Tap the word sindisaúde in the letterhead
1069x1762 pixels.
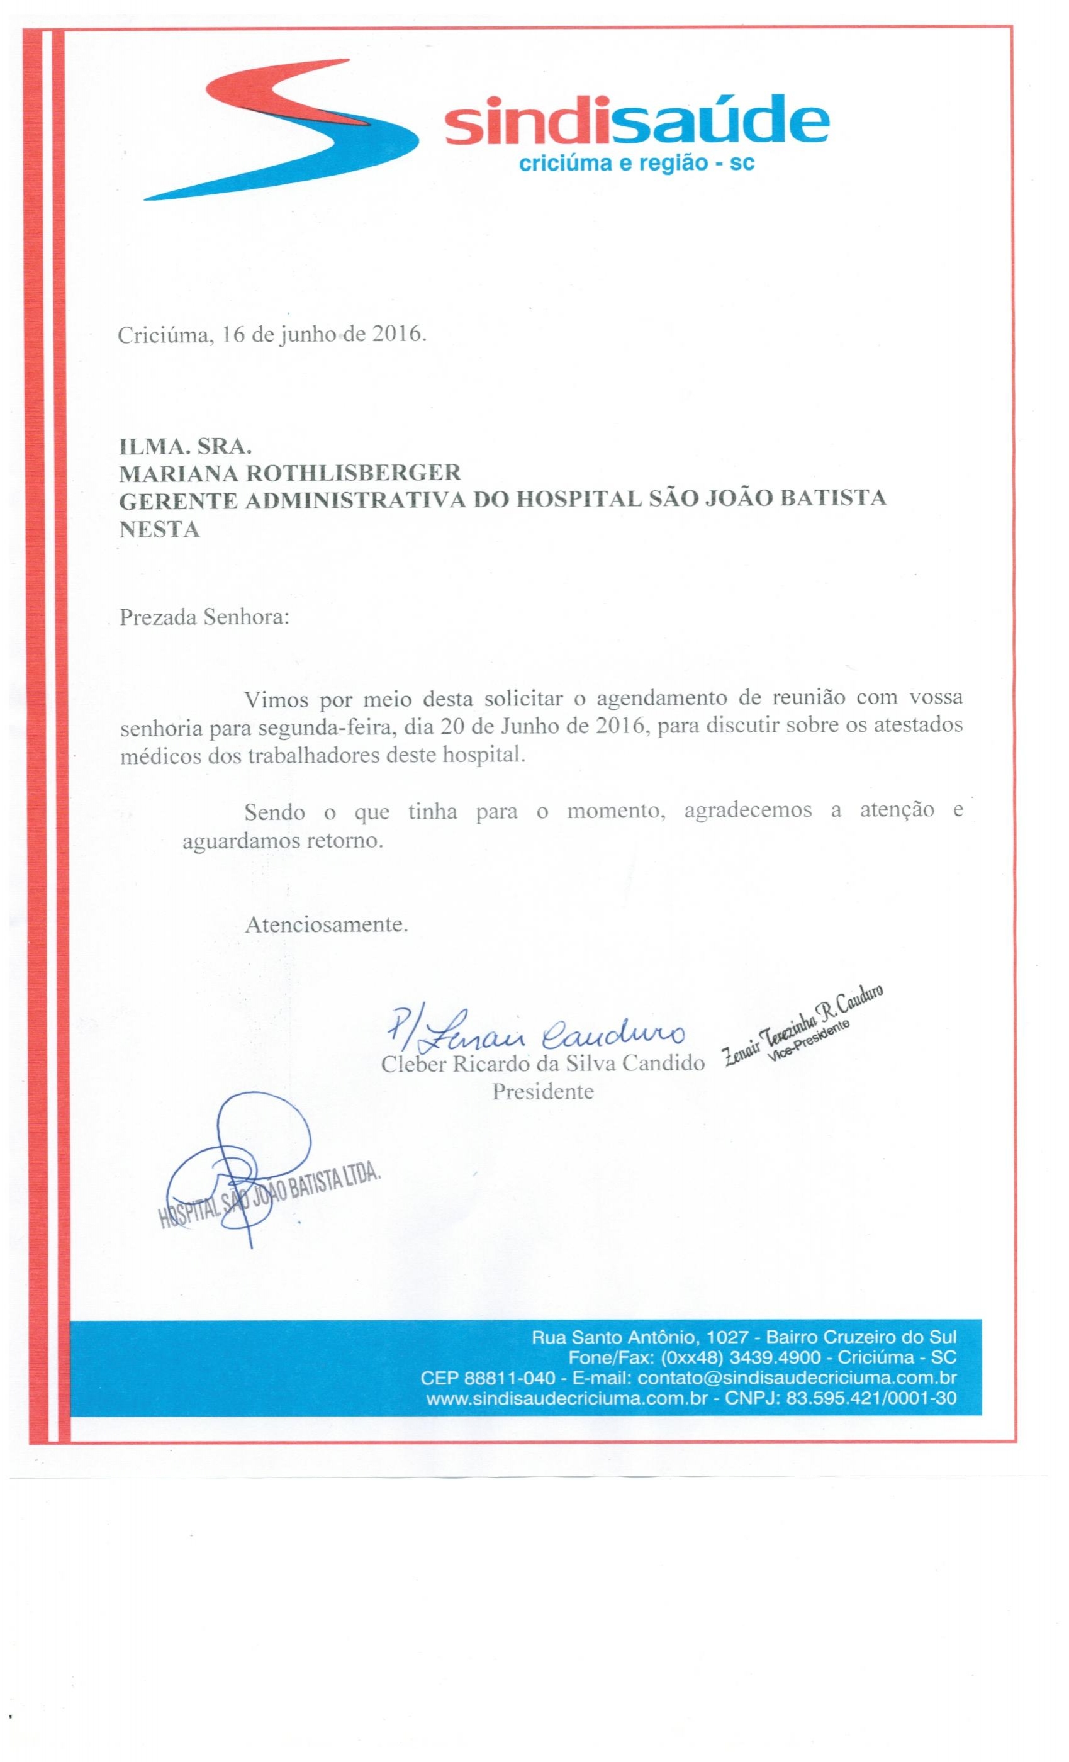635,122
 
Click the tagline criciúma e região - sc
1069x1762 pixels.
635,164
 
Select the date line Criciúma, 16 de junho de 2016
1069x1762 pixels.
272,335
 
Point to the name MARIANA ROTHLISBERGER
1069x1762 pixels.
289,473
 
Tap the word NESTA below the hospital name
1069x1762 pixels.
159,530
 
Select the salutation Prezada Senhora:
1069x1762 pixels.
204,617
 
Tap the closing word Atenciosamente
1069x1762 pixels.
326,924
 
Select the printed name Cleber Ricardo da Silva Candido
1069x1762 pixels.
542,1064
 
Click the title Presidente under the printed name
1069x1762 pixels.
542,1092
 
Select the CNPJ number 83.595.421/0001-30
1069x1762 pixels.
870,1398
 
